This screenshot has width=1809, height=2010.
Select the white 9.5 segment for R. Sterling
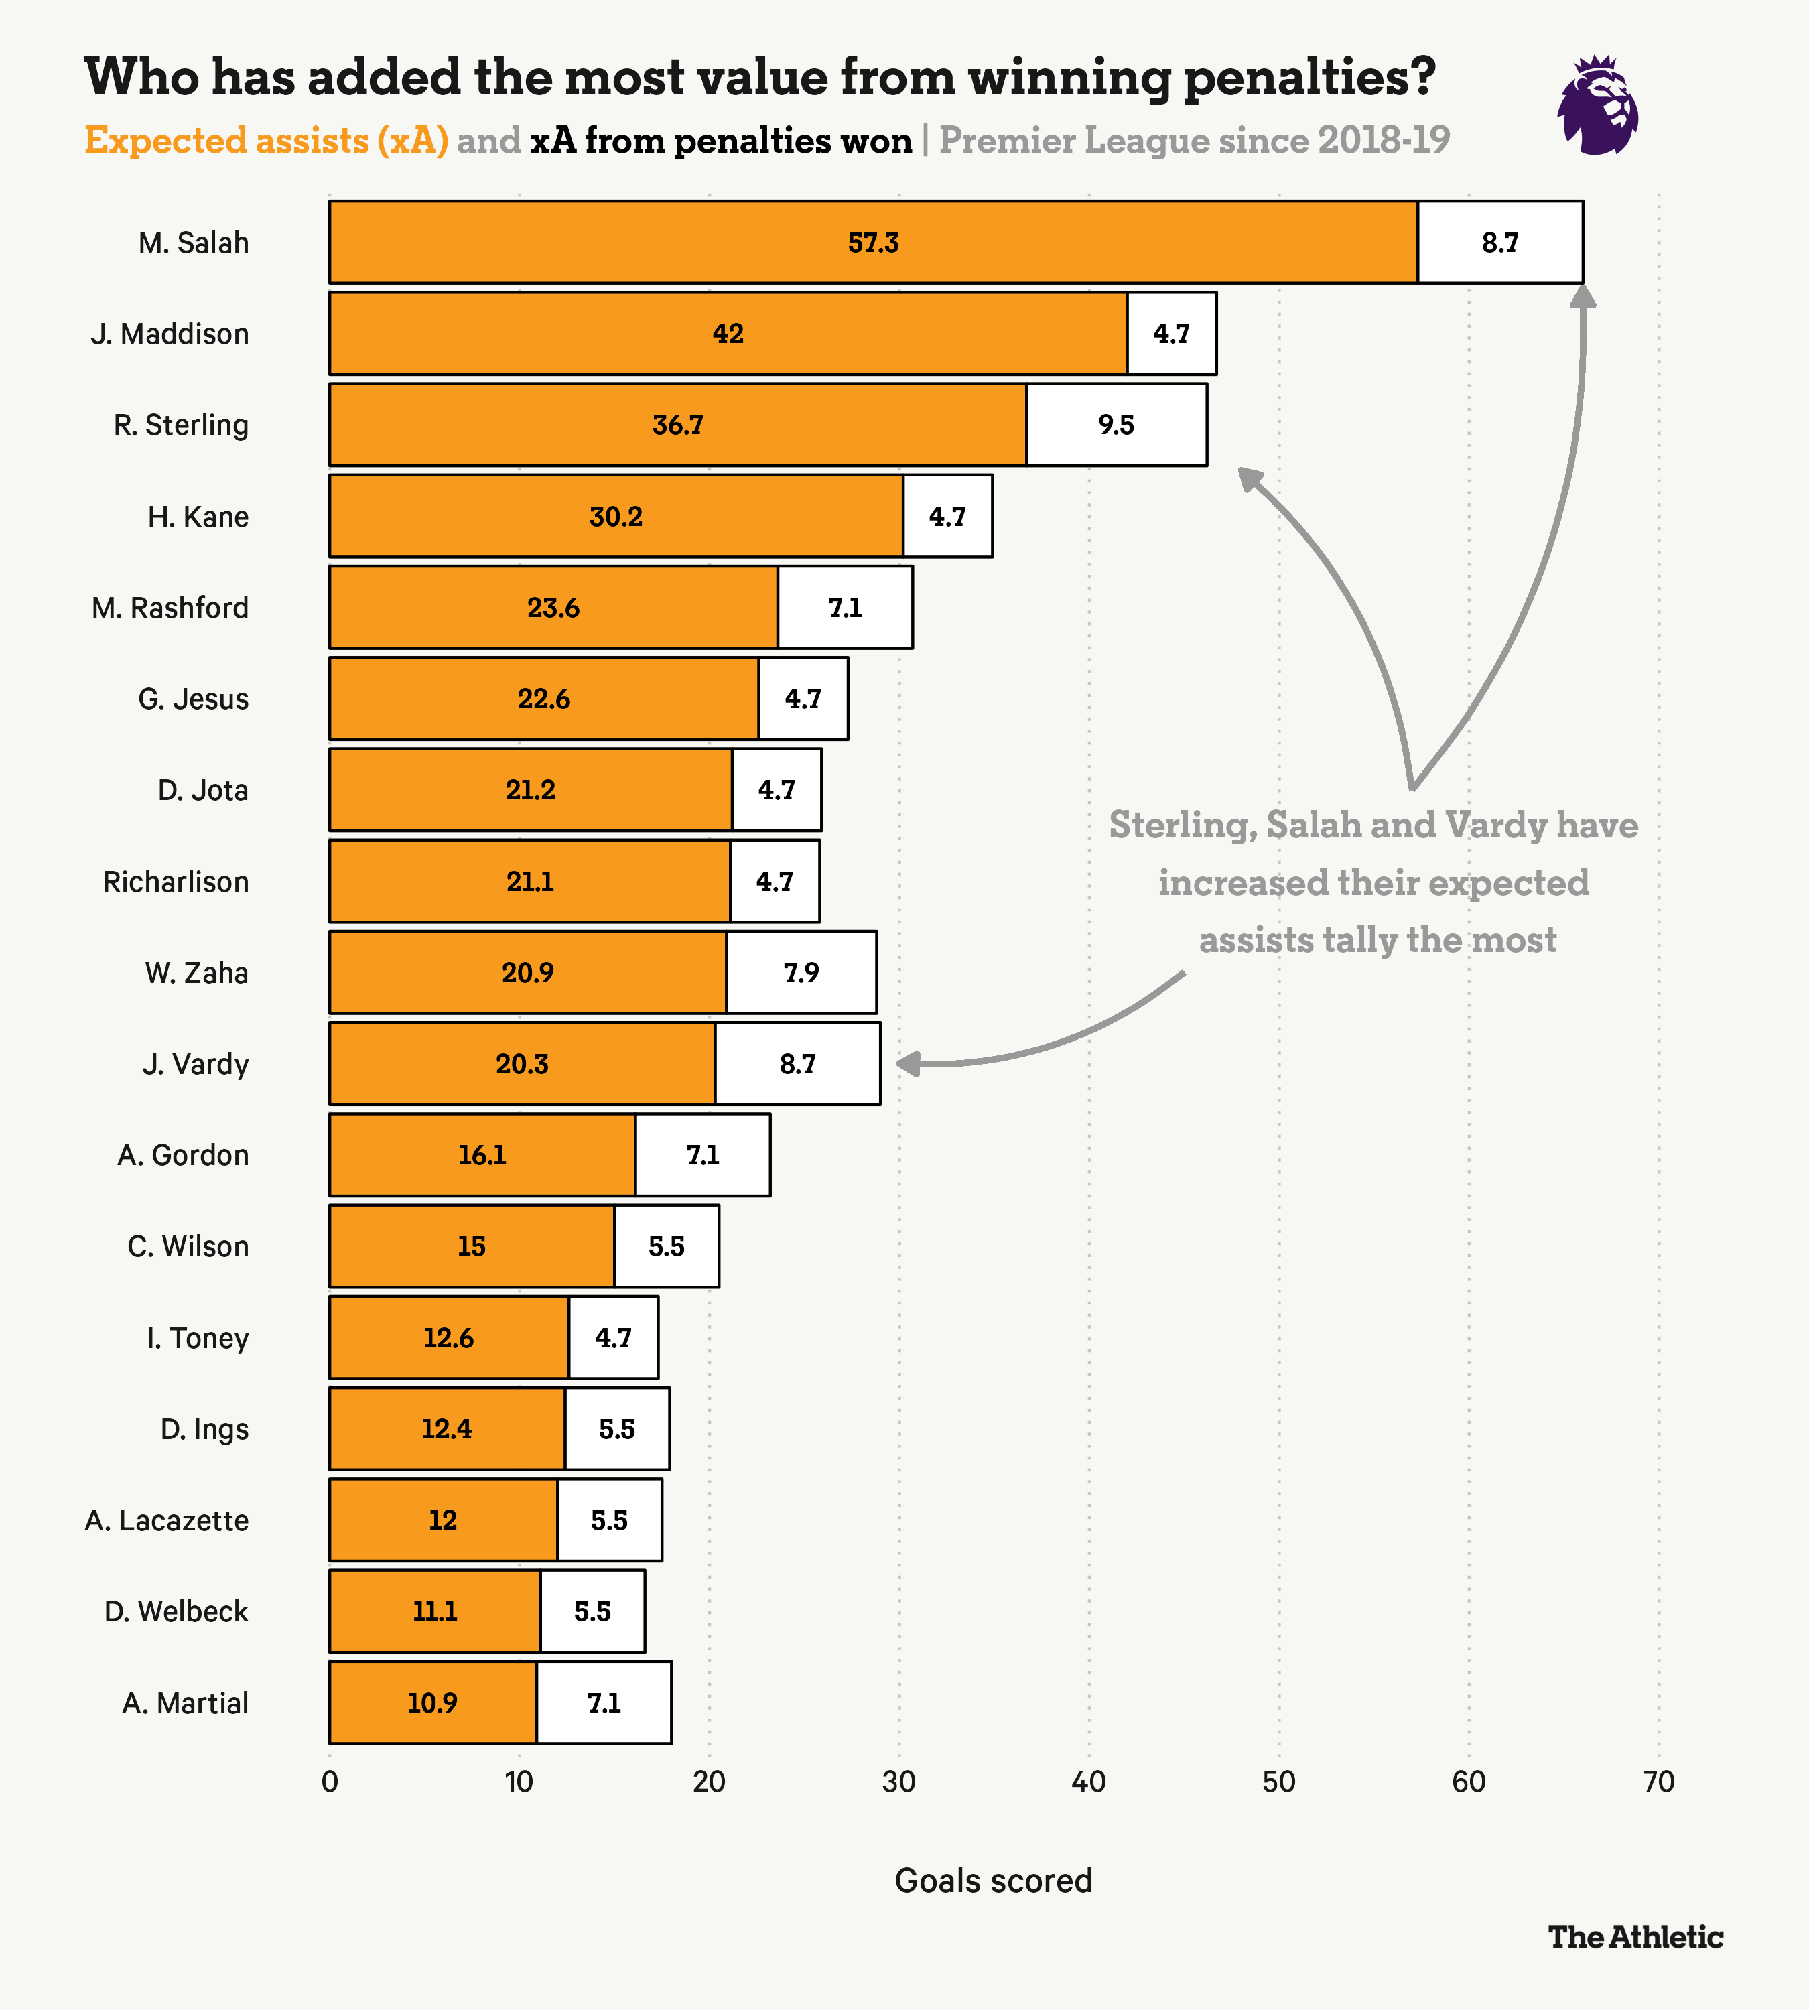tap(1116, 425)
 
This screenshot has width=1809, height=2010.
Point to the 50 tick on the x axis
tap(1278, 1782)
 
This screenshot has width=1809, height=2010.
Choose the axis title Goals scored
tap(993, 1881)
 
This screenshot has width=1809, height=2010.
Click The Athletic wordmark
tap(1635, 1936)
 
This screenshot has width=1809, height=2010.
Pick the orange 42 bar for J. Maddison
tap(728, 334)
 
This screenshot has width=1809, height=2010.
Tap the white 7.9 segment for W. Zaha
tap(801, 972)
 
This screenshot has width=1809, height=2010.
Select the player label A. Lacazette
tap(167, 1521)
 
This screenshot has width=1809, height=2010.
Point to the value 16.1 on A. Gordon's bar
tap(482, 1155)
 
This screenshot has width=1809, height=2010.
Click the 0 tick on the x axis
tap(330, 1782)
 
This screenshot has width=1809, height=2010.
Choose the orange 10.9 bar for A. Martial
tap(432, 1703)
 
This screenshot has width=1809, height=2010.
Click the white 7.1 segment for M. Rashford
tap(845, 608)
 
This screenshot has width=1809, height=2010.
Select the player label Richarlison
tap(176, 882)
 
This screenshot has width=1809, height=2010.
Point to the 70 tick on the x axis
tap(1659, 1782)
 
